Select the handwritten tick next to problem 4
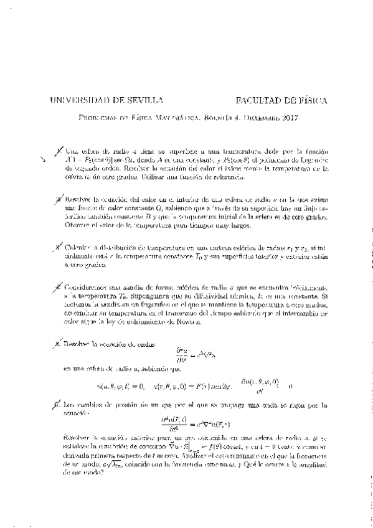pos(58,288)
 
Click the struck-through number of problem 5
pos(58,343)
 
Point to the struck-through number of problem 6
pos(58,404)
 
